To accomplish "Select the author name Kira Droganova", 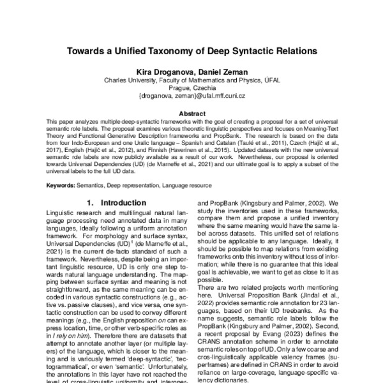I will point(158,71).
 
